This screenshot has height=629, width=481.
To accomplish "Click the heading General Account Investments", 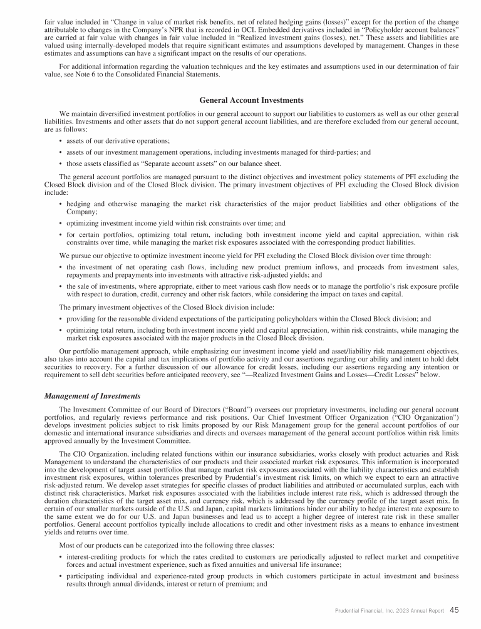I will pos(242,100).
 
